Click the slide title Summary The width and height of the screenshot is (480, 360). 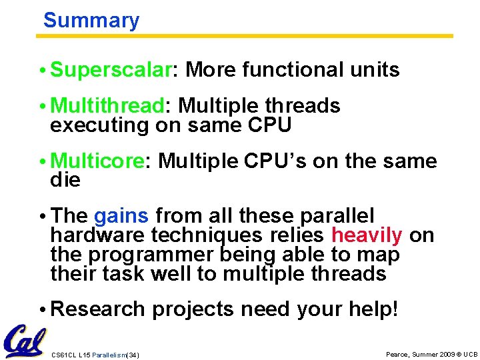pyautogui.click(x=91, y=20)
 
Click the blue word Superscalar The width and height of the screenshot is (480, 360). pyautogui.click(x=111, y=69)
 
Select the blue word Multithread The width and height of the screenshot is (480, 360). pyautogui.click(x=107, y=106)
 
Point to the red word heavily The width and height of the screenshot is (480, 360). pyautogui.click(x=367, y=235)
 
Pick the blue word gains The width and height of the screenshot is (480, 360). pyautogui.click(x=121, y=216)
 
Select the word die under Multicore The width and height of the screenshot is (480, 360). pyautogui.click(x=65, y=180)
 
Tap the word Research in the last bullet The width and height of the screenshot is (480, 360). pyautogui.click(x=97, y=309)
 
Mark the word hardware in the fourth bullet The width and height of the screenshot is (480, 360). pyautogui.click(x=98, y=235)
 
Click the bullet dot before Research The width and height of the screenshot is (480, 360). pyautogui.click(x=44, y=310)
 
